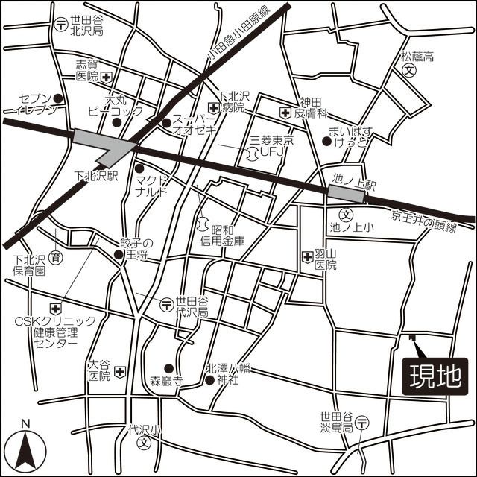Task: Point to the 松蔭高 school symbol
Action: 409,69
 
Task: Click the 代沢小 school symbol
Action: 144,441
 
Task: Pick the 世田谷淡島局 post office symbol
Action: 362,423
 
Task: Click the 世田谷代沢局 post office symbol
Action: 166,303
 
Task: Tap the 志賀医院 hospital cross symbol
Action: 107,77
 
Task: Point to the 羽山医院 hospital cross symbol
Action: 308,258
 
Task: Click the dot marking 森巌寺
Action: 168,367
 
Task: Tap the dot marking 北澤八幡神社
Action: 209,380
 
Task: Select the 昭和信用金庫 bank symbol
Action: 201,224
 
